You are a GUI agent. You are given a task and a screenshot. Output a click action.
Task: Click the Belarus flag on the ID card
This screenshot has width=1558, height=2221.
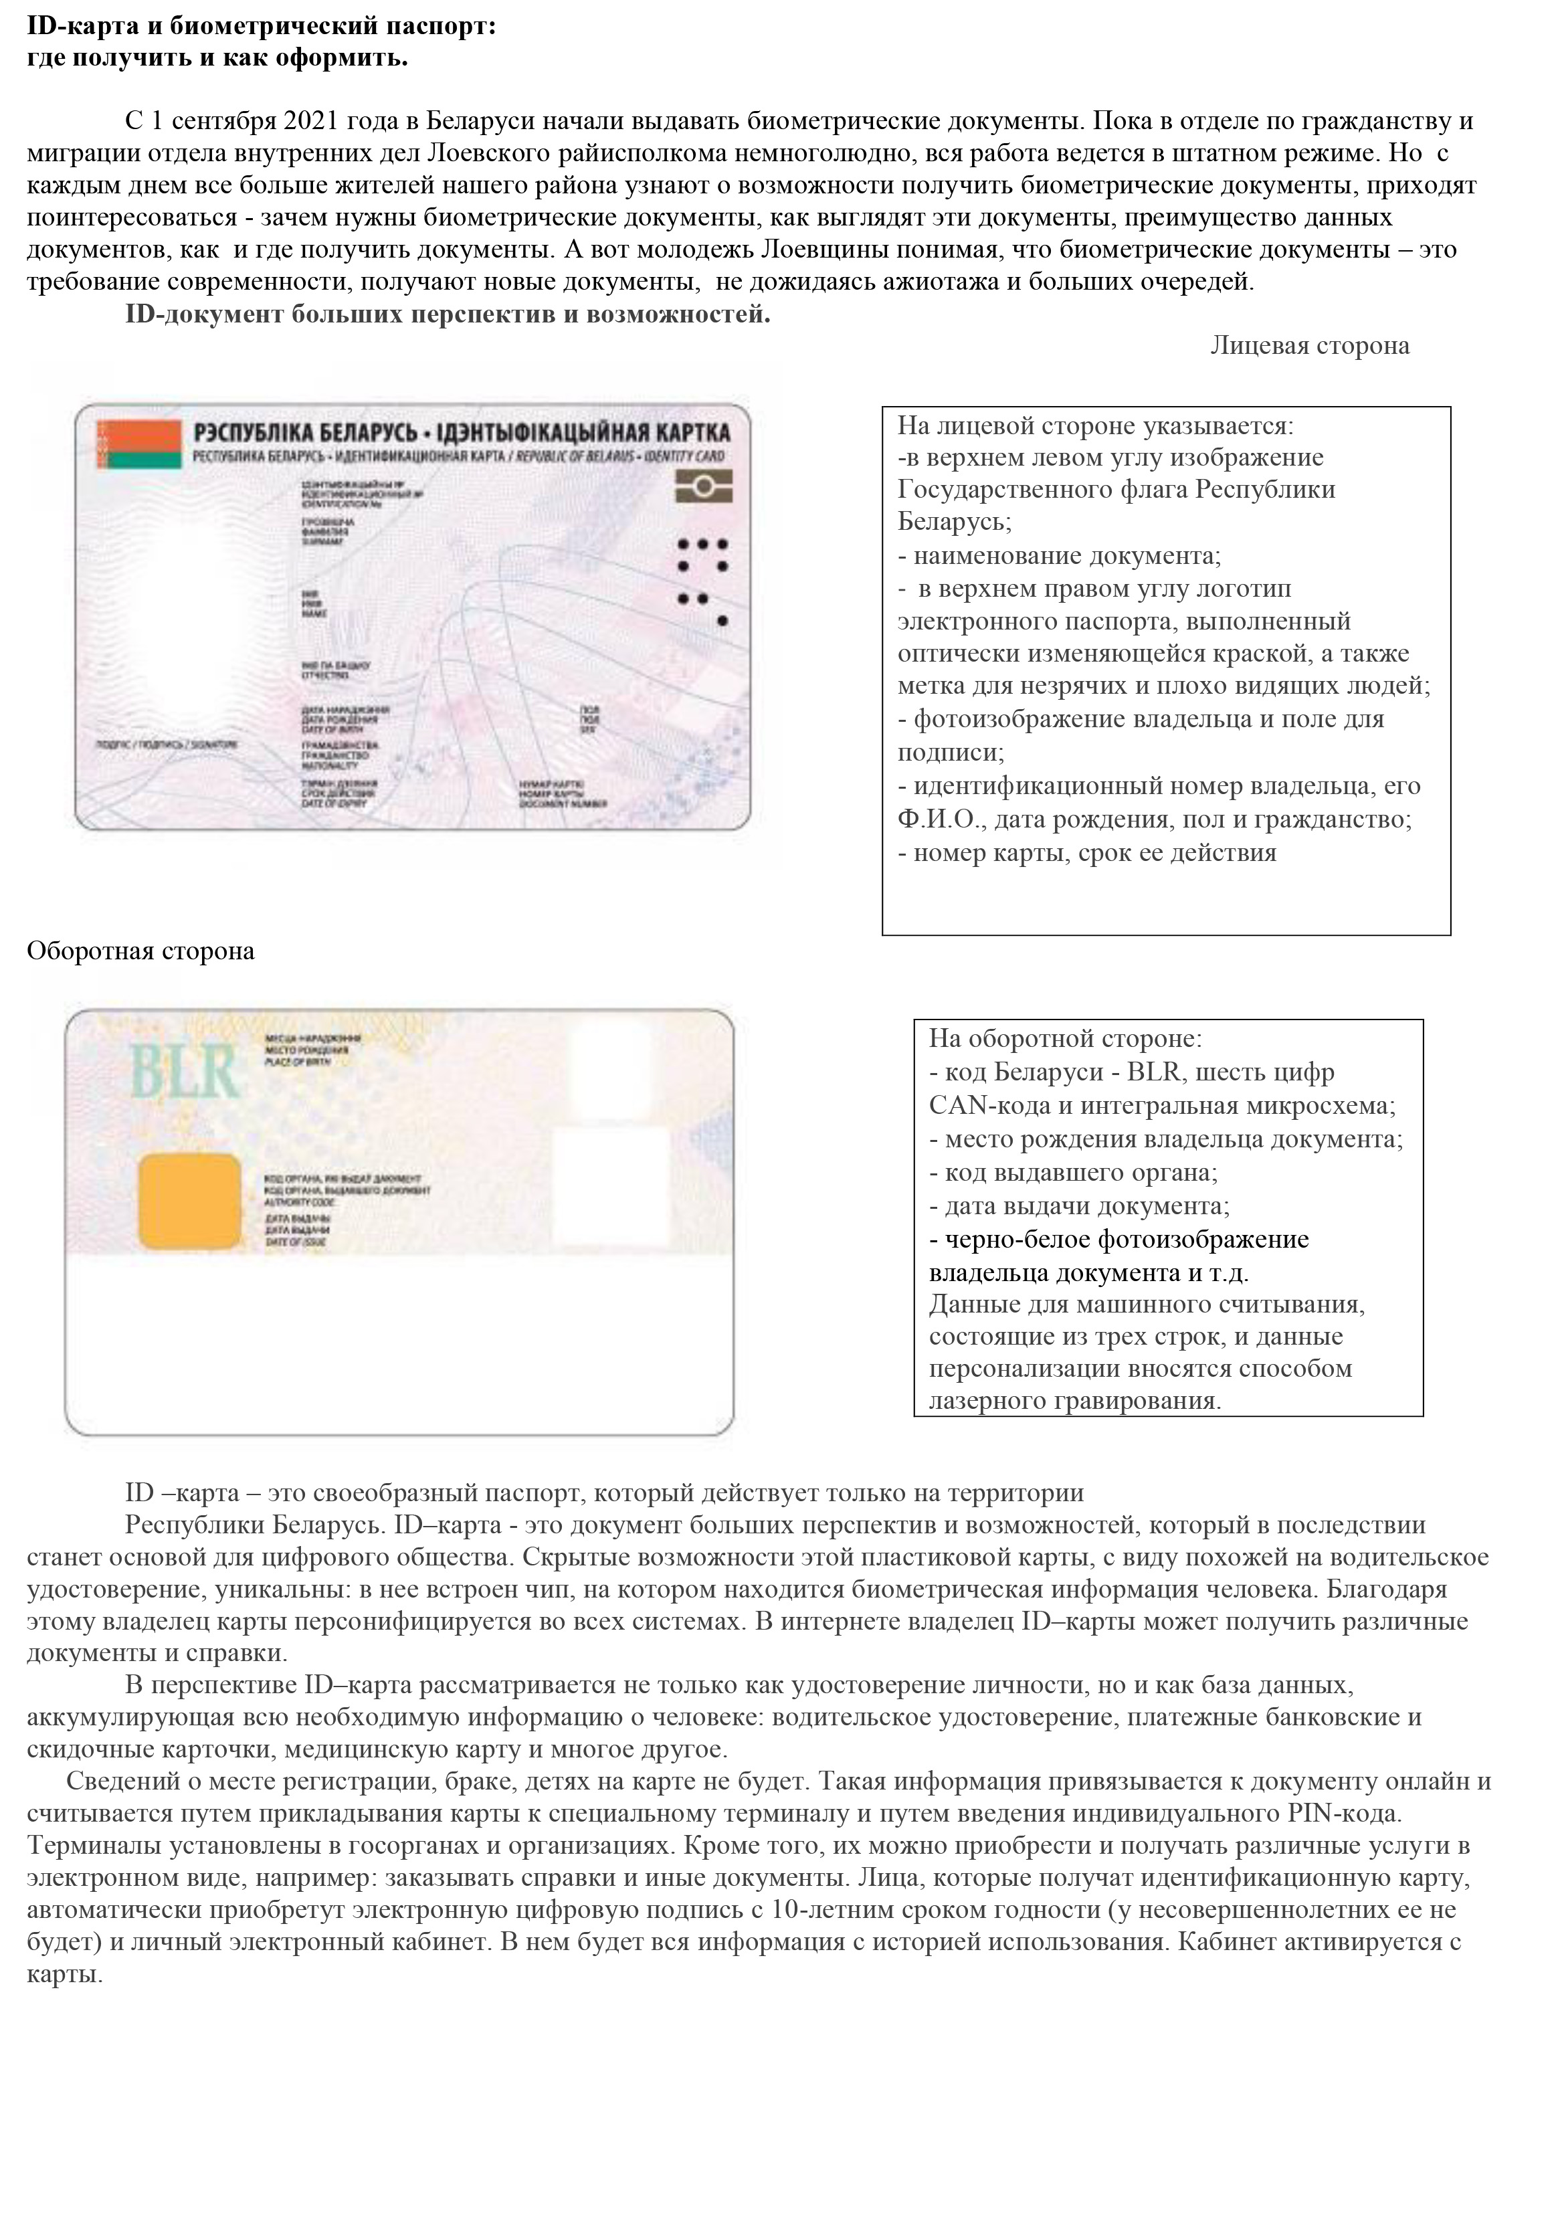point(141,444)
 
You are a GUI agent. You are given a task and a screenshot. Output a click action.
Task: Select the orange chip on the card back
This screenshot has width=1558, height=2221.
point(189,1199)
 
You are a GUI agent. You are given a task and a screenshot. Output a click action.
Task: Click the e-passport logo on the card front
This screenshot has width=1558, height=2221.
point(703,484)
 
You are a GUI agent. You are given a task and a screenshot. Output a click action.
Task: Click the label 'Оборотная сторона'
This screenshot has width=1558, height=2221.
point(140,951)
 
